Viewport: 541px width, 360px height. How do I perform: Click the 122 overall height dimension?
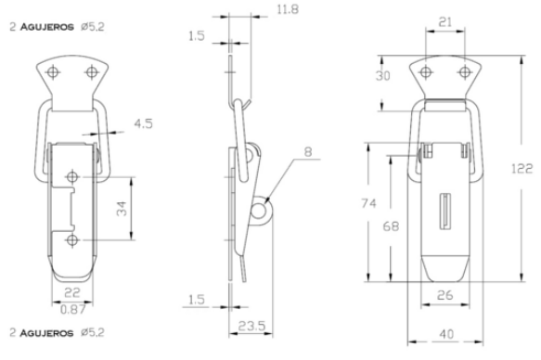(522, 169)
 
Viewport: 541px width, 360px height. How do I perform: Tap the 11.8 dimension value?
(288, 9)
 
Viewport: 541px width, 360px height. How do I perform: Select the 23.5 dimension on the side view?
(251, 325)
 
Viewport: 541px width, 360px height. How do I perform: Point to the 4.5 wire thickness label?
(143, 123)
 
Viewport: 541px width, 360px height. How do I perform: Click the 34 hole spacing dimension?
(122, 209)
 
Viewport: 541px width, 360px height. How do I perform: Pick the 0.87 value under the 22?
(72, 310)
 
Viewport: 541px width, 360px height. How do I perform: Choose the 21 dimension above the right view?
(445, 22)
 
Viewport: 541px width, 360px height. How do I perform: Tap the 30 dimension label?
(383, 76)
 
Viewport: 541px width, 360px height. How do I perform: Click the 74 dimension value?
(368, 203)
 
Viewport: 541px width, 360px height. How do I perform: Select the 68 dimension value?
(391, 226)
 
